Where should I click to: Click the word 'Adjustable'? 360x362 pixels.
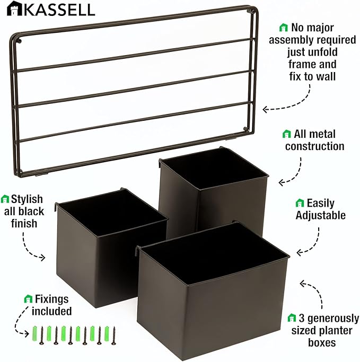pyautogui.click(x=320, y=215)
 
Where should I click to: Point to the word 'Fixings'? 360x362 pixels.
pyautogui.click(x=51, y=299)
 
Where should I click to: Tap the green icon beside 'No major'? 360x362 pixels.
pyautogui.click(x=284, y=28)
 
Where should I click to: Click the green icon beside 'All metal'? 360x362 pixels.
pyautogui.click(x=287, y=134)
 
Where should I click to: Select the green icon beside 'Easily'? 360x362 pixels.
pyautogui.click(x=300, y=203)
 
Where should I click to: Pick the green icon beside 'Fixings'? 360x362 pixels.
pyautogui.click(x=28, y=299)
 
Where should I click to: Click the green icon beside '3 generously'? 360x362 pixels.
pyautogui.click(x=291, y=319)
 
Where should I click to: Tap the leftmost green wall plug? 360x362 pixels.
pyautogui.click(x=35, y=333)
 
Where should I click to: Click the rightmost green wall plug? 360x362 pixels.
pyautogui.click(x=107, y=333)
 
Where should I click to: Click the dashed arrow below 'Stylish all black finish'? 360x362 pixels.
pyautogui.click(x=32, y=247)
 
